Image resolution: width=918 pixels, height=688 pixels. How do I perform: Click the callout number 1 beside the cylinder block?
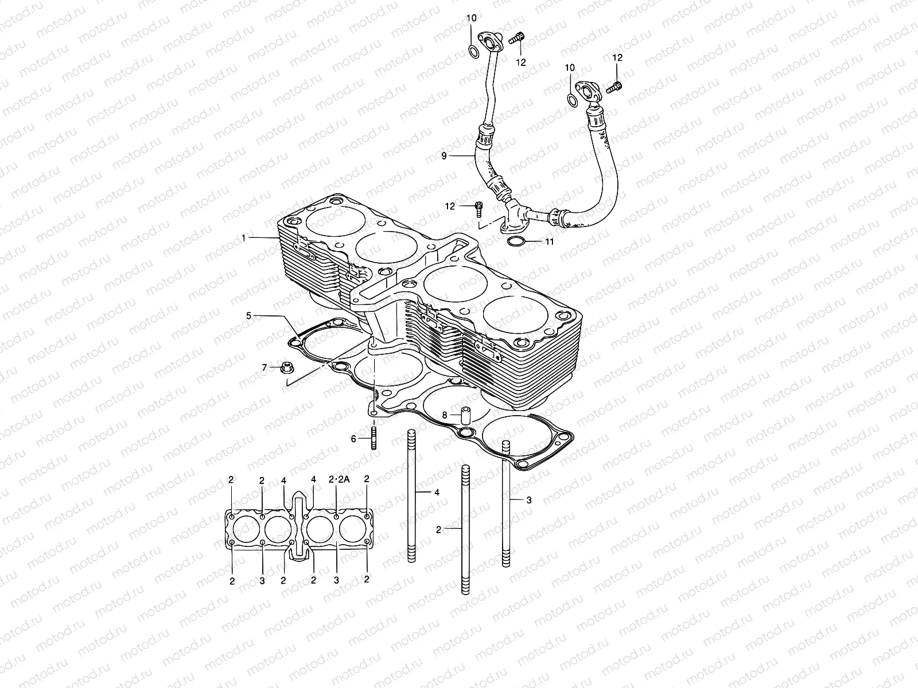point(243,237)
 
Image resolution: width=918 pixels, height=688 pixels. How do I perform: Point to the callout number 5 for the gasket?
point(248,315)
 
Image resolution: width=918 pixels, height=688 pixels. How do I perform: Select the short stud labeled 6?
point(374,438)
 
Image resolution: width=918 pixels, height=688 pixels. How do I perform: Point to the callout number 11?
point(549,242)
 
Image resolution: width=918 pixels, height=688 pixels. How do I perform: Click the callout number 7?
point(264,368)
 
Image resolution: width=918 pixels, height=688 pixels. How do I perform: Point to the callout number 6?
point(354,439)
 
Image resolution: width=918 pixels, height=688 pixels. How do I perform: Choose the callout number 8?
point(444,414)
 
